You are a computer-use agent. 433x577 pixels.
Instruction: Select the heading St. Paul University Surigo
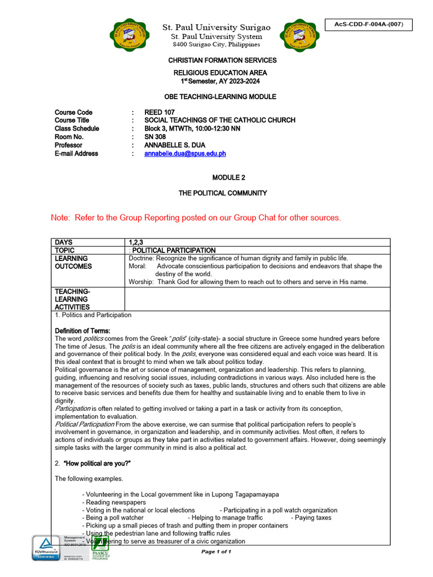tap(216, 27)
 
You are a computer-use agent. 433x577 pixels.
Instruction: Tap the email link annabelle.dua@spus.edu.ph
tap(185, 153)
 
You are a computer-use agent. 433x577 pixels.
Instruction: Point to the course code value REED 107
tap(160, 112)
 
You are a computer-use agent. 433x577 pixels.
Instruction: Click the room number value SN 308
tap(156, 137)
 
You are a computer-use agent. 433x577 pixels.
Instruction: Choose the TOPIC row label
tap(65, 250)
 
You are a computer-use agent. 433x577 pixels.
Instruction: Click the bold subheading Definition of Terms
tap(82, 330)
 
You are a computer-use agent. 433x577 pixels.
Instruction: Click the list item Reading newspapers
tap(116, 502)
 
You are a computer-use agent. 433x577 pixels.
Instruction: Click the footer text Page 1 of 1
tap(216, 552)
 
